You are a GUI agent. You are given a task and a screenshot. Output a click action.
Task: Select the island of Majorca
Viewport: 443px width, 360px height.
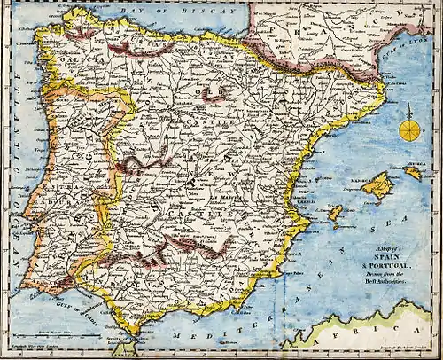(x=378, y=186)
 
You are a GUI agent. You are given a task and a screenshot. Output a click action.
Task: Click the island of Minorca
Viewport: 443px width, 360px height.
(x=413, y=174)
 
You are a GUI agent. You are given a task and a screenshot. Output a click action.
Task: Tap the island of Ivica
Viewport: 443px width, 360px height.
(x=335, y=213)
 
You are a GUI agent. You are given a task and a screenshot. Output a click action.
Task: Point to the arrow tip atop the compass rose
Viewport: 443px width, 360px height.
(x=409, y=107)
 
